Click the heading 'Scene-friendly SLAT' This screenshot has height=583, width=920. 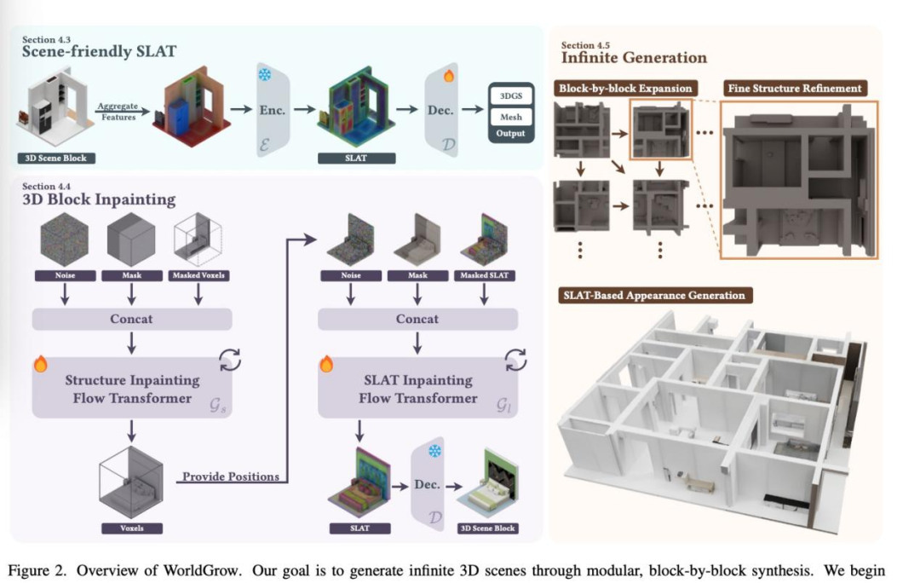100,51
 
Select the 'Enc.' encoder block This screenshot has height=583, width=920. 273,111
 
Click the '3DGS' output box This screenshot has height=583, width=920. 511,95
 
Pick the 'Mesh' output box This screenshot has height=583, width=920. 511,116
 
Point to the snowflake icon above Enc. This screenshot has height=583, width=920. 265,75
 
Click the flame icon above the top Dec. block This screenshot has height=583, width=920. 449,76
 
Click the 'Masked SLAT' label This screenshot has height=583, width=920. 484,276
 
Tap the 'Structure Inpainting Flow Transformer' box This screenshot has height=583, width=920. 132,389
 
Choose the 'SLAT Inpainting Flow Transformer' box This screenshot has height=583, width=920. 417,389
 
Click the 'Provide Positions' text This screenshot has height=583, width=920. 230,476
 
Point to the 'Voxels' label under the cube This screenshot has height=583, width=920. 131,528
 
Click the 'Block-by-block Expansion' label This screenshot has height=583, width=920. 625,89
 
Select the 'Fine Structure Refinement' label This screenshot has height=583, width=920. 794,89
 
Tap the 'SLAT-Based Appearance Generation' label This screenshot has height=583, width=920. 653,296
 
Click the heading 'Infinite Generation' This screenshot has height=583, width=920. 634,58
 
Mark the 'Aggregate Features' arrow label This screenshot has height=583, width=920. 118,111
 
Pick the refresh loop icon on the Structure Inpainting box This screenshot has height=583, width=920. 230,361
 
